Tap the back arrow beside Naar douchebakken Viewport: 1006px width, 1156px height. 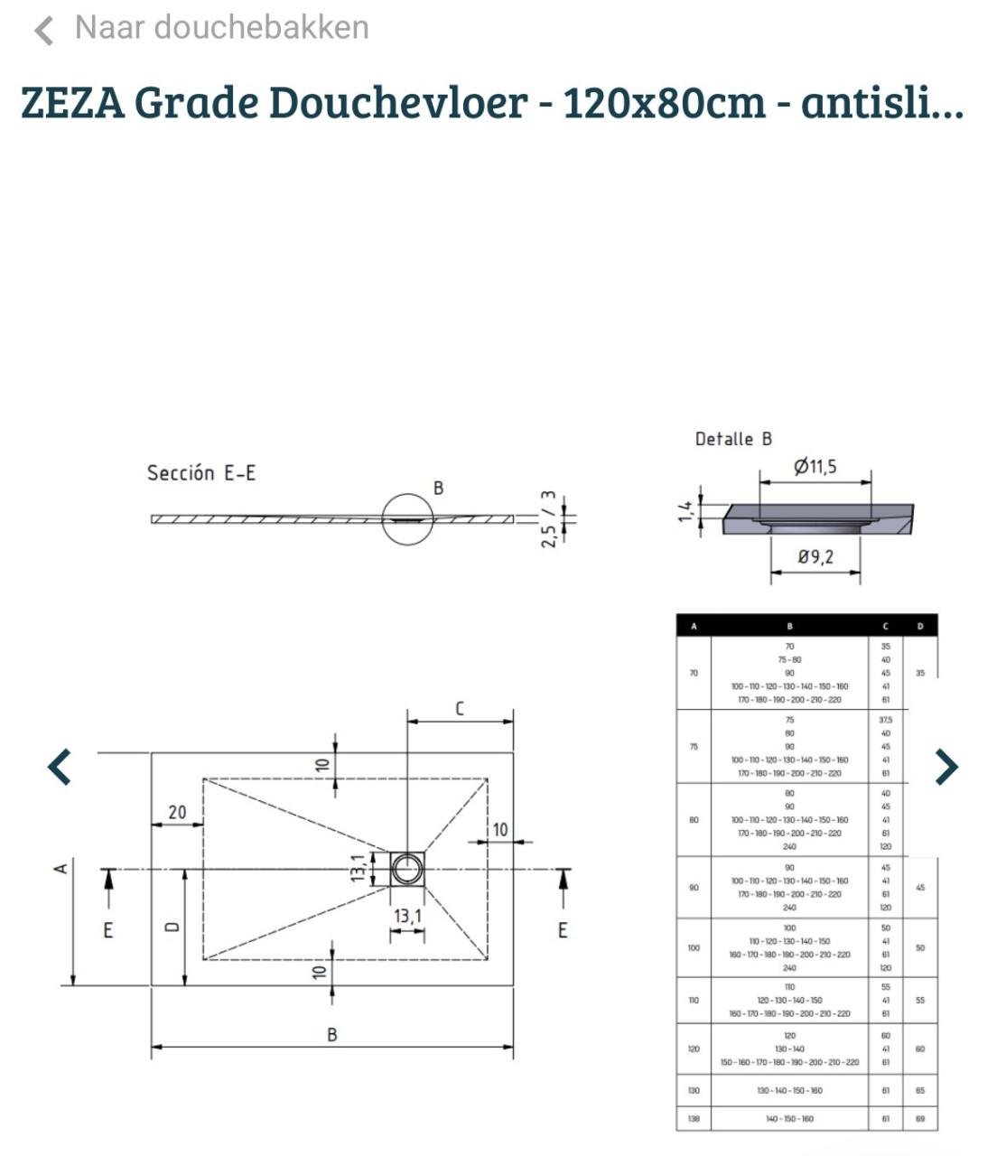coord(43,31)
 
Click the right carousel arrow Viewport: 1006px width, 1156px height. coord(945,767)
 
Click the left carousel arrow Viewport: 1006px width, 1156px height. coord(60,767)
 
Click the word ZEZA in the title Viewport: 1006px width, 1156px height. coord(71,102)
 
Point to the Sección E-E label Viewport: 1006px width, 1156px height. coord(200,473)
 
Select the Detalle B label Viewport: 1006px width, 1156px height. coord(733,440)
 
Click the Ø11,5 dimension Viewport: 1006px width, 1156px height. coord(815,467)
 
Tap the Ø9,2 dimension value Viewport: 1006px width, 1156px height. coord(815,557)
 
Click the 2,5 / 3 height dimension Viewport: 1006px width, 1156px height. coord(549,519)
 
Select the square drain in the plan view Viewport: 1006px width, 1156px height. coord(407,869)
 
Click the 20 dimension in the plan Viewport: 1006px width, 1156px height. coord(177,812)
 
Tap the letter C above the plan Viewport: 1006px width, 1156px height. coord(460,709)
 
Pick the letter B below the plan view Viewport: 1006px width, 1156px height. coord(332,1035)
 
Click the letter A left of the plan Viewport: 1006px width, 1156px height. coord(61,869)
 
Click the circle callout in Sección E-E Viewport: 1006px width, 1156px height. coord(407,519)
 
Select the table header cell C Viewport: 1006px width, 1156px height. coord(885,626)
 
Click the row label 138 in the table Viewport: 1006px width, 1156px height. coord(694,1118)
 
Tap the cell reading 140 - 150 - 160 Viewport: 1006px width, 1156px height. coord(789,1118)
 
